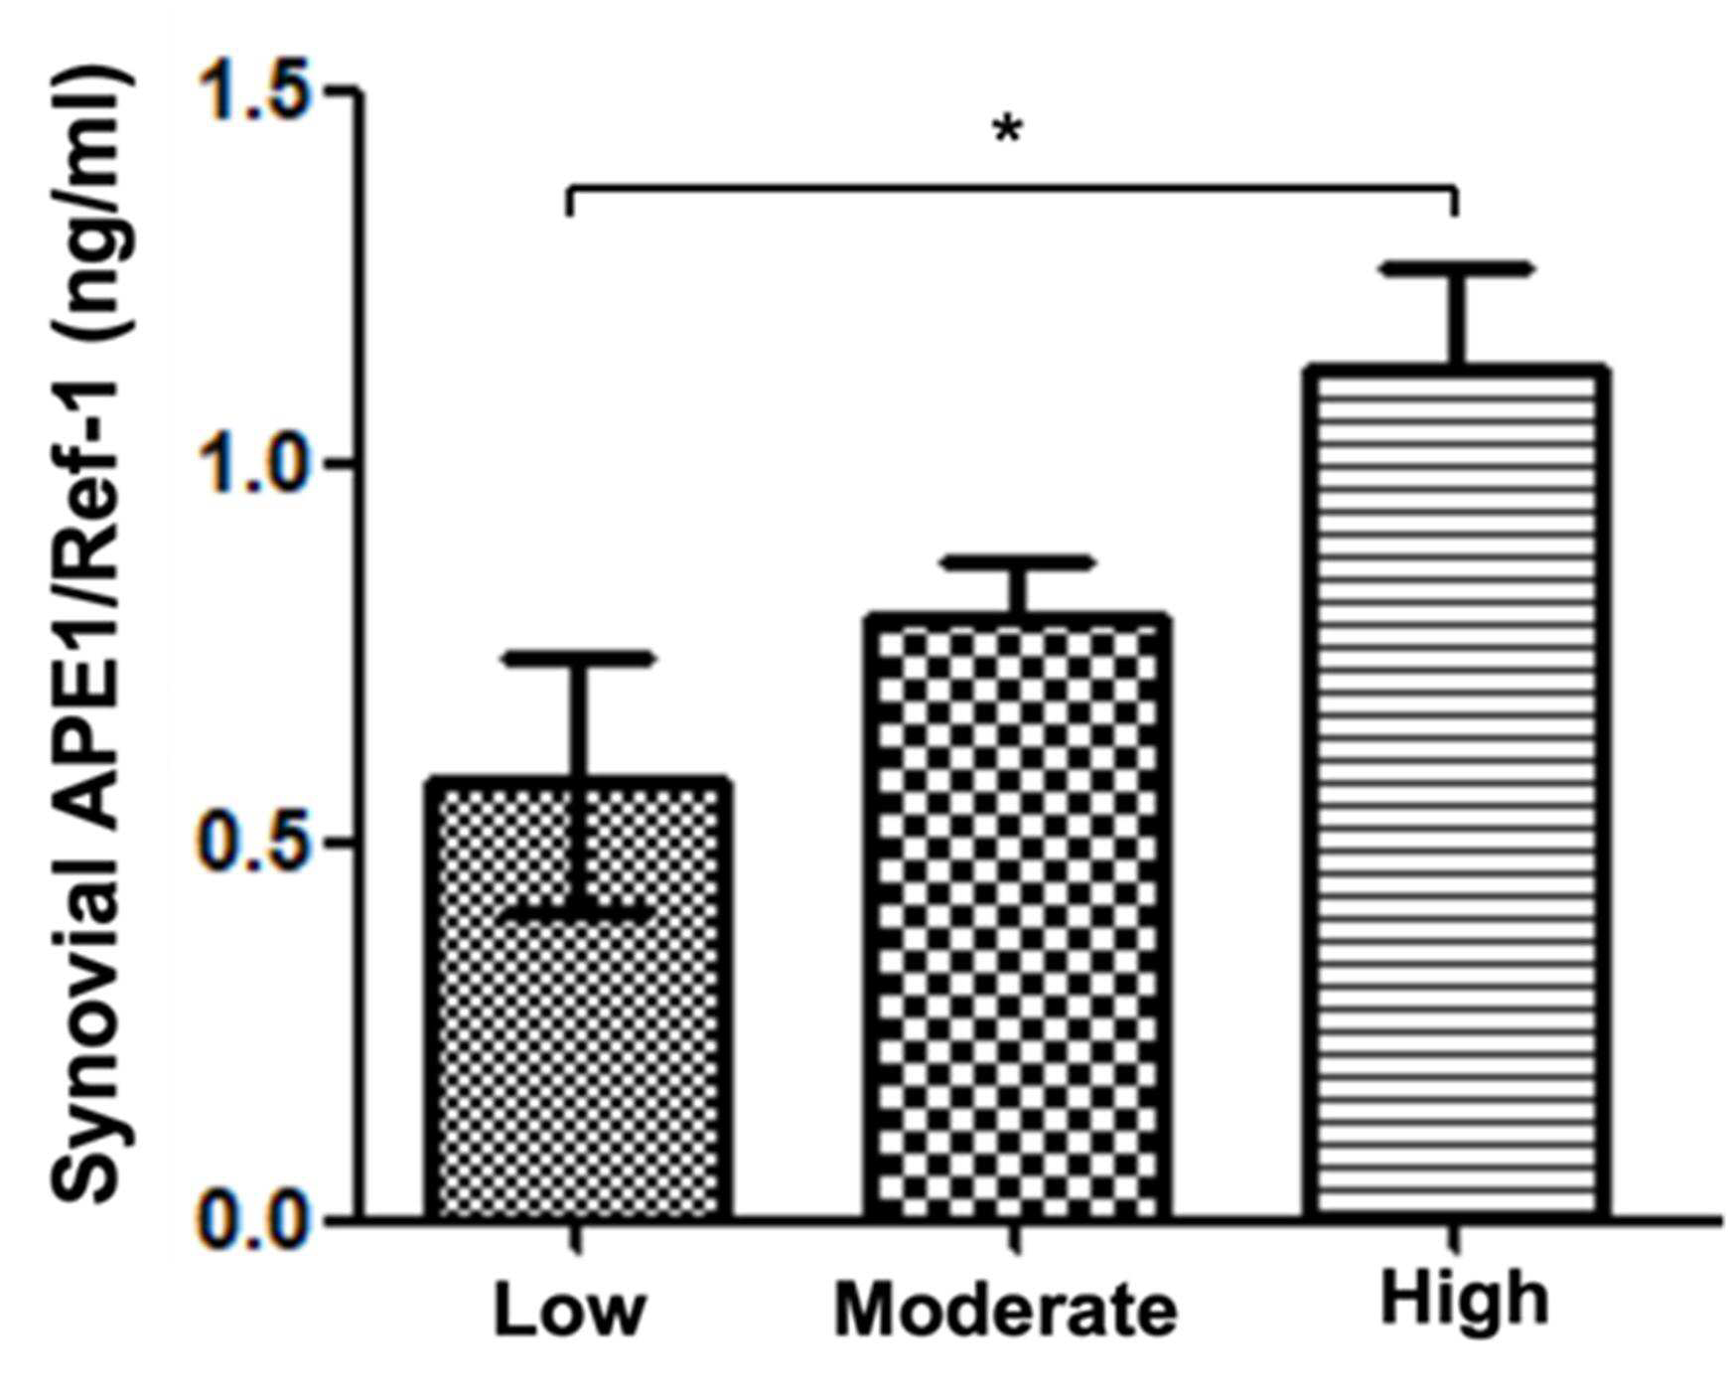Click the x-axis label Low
tap(570, 1310)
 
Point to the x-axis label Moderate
tap(1005, 1310)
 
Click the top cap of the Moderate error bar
tap(1018, 562)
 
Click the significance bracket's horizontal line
tap(1012, 187)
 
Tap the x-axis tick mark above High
tap(1456, 1236)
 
